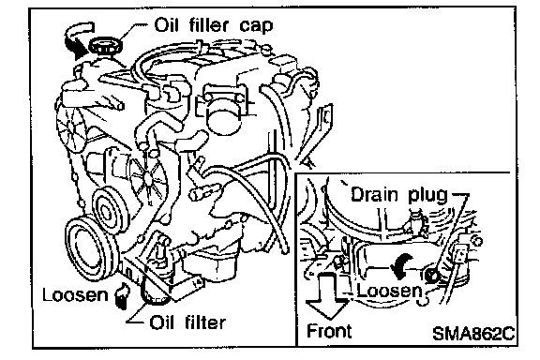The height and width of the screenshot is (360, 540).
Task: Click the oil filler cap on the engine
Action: pyautogui.click(x=105, y=46)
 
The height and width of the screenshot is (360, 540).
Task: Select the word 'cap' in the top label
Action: pyautogui.click(x=256, y=27)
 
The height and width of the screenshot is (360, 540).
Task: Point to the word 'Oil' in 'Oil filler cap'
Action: pyautogui.click(x=167, y=25)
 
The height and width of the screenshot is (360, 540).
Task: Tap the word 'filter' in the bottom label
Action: pyautogui.click(x=205, y=322)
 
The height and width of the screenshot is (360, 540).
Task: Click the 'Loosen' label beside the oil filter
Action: pyautogui.click(x=75, y=295)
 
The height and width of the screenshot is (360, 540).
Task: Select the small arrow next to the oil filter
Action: pyautogui.click(x=122, y=295)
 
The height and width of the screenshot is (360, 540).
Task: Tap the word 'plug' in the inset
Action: pyautogui.click(x=427, y=196)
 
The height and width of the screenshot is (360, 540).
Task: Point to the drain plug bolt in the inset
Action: pyautogui.click(x=431, y=276)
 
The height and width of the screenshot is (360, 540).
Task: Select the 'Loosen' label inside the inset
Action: pyautogui.click(x=389, y=291)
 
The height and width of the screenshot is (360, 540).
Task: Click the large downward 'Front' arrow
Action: pyautogui.click(x=327, y=294)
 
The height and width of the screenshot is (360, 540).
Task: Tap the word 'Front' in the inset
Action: pyautogui.click(x=329, y=331)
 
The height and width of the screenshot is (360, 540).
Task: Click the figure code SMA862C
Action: pyautogui.click(x=473, y=333)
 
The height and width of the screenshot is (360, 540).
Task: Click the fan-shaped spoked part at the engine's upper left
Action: pyautogui.click(x=70, y=129)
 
